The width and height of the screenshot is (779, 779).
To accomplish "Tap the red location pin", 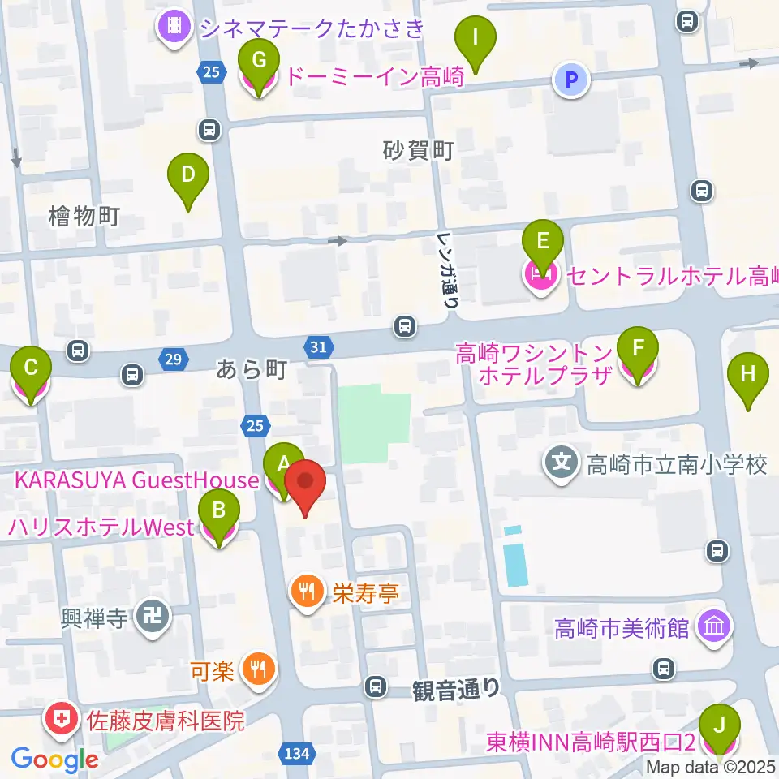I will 305,485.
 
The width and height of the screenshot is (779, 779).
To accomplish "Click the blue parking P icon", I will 571,80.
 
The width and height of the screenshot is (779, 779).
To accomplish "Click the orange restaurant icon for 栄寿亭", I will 307,591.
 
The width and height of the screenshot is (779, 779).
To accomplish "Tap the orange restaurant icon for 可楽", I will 259,670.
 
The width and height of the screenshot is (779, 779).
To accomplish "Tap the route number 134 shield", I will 298,754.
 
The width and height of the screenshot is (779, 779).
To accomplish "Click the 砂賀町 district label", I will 417,151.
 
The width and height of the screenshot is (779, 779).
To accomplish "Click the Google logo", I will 54,760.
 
